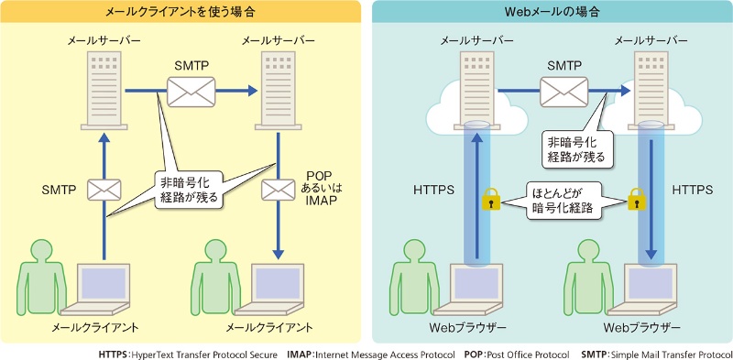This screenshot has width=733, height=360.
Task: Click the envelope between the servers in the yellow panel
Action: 191,91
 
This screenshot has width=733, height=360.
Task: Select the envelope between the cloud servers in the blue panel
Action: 563,91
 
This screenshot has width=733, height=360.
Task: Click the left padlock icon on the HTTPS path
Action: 491,199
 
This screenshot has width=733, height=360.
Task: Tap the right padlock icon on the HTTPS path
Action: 634,199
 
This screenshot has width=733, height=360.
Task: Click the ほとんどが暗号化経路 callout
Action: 563,199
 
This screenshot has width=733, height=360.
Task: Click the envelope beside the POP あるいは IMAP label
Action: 277,190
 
